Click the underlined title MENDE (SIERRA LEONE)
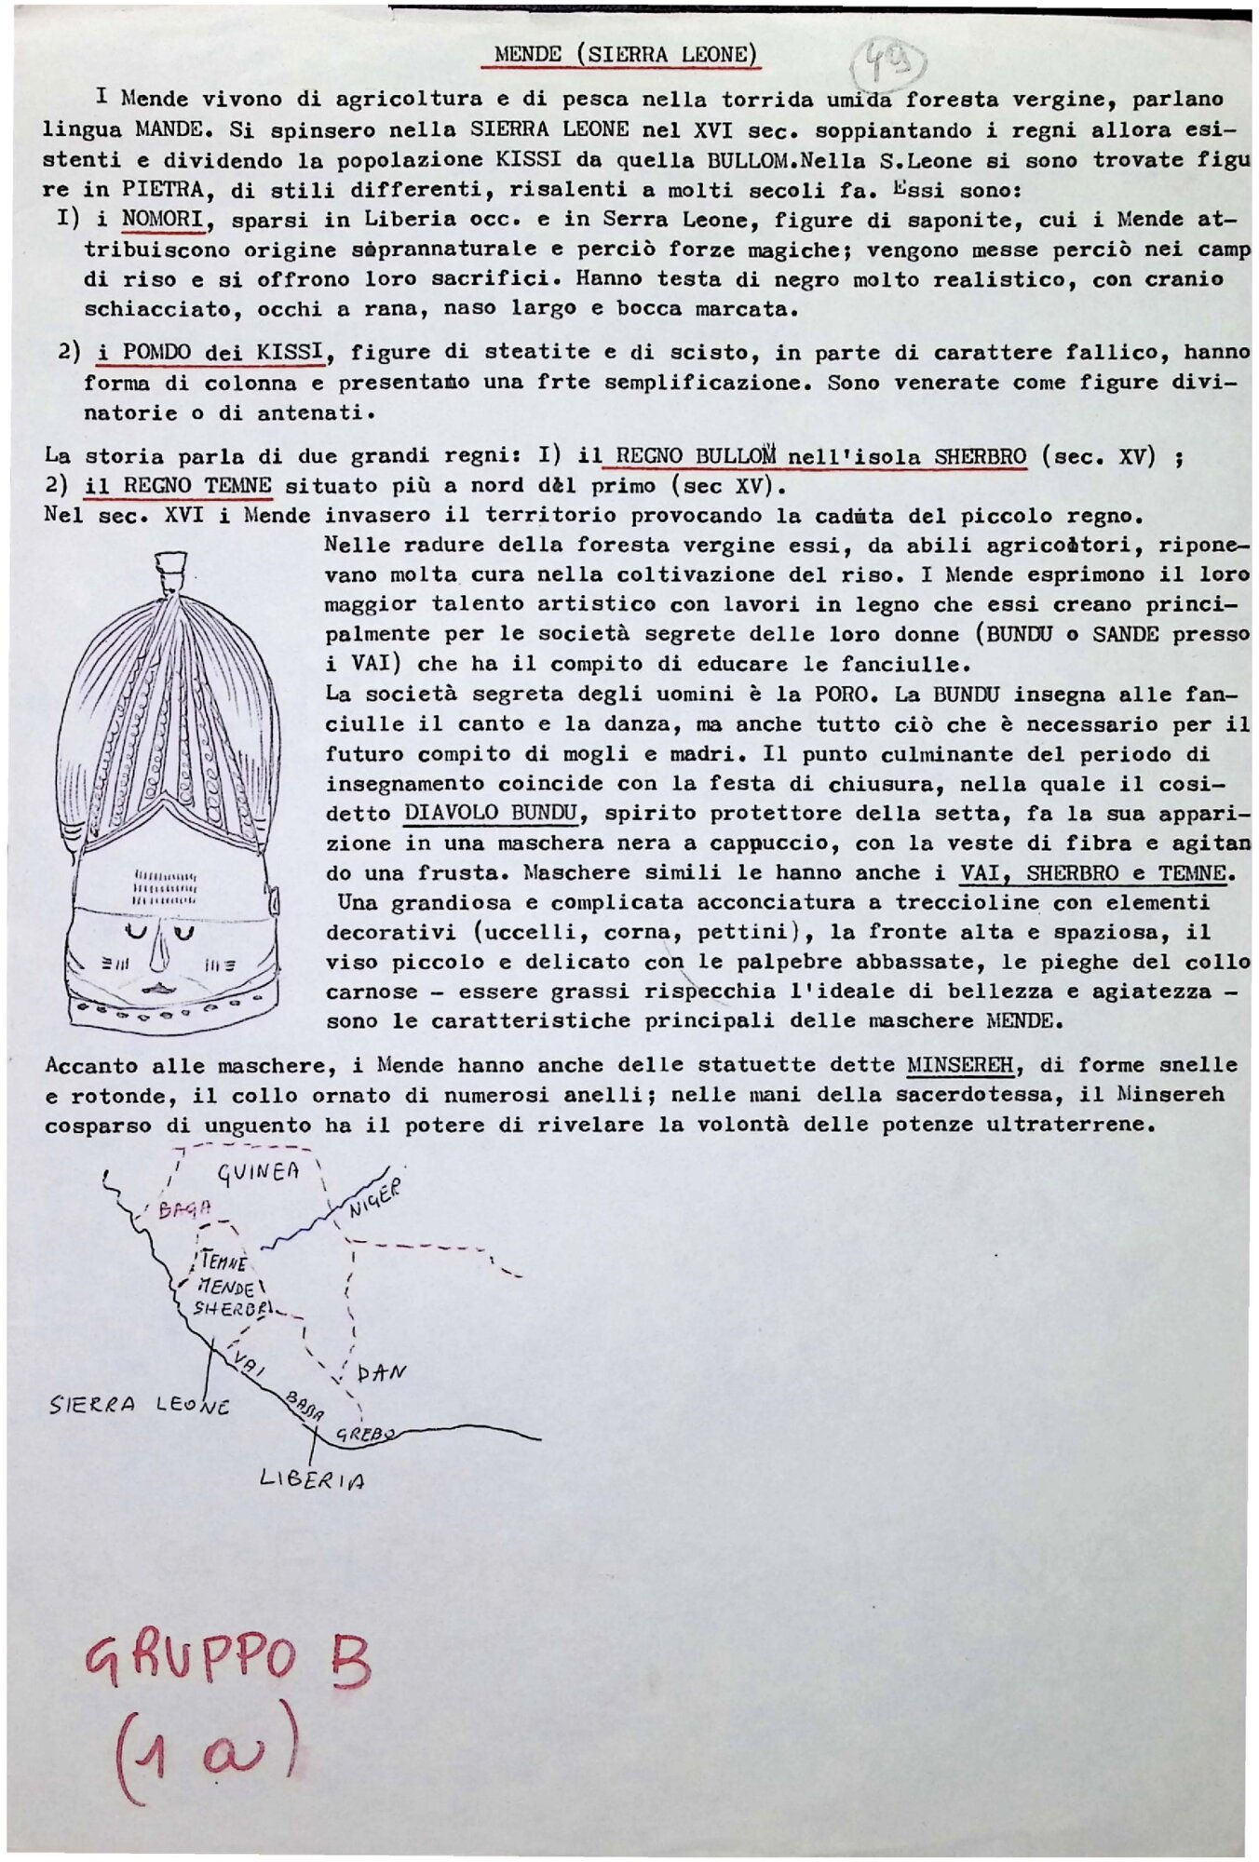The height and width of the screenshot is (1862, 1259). coord(621,54)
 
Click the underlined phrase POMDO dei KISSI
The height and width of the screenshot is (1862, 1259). coord(210,353)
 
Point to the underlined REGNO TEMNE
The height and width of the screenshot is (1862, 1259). coord(179,486)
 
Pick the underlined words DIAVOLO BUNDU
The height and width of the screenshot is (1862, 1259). coord(491,814)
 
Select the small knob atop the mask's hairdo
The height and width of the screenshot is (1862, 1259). coord(173,570)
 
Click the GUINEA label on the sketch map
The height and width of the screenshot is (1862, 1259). coord(259,1172)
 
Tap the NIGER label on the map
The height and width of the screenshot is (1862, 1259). coord(375,1198)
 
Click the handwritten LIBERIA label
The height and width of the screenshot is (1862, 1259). coord(312,1479)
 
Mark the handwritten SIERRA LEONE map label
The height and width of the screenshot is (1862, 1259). coord(140,1406)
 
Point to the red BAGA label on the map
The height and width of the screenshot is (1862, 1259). coord(183,1209)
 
